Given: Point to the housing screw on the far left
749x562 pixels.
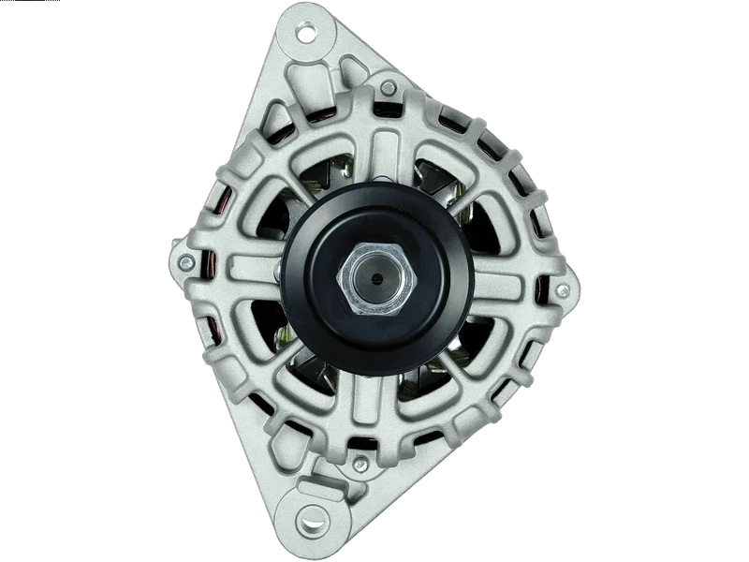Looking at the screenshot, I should point(187,261).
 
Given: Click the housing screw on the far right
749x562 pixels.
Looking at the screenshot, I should point(562,291).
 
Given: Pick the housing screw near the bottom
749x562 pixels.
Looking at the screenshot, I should point(360,462).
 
